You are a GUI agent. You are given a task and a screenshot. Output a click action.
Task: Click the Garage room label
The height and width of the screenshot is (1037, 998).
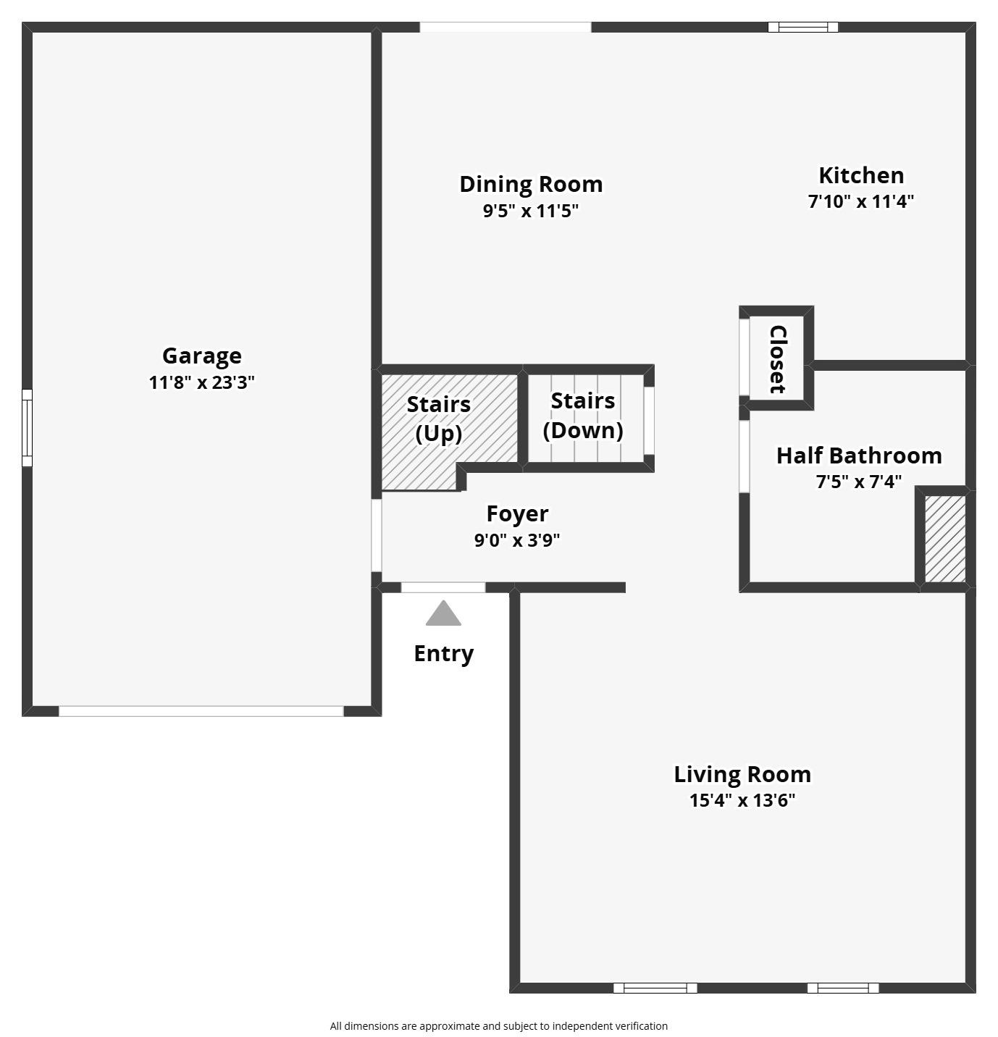coord(201,356)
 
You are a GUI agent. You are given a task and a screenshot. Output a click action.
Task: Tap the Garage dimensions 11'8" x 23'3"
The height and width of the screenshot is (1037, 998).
coord(201,382)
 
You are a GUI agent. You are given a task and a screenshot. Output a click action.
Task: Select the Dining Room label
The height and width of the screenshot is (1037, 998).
coord(531,184)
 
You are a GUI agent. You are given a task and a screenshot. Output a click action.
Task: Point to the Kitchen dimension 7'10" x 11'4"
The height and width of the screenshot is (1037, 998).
coord(860,201)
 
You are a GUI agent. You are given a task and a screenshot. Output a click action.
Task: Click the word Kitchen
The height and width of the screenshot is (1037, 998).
coord(860,175)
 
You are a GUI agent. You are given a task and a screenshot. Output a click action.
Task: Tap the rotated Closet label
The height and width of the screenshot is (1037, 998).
coord(777,359)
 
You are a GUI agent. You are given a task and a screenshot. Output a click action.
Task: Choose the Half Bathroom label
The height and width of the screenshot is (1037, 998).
coord(859,455)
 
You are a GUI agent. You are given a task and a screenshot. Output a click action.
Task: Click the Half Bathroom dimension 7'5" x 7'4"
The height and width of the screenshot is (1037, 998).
coord(859,482)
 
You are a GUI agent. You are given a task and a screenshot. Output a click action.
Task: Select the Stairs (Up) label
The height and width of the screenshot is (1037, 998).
coord(438,418)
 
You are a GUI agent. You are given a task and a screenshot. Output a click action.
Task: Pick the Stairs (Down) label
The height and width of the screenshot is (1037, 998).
coord(583,415)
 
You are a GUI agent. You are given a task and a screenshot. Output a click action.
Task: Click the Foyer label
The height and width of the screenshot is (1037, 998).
coord(517,513)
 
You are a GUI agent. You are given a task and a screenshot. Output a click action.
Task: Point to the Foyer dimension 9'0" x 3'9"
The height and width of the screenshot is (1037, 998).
coord(517,540)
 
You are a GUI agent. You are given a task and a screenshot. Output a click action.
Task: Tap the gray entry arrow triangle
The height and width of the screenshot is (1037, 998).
coord(443,614)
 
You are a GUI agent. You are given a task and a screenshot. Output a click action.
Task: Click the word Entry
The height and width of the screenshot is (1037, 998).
coord(443,653)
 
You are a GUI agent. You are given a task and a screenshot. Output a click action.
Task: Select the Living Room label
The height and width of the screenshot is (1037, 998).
coord(742,774)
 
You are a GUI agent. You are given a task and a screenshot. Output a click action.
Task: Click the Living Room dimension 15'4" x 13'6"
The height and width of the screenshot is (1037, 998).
coord(742,800)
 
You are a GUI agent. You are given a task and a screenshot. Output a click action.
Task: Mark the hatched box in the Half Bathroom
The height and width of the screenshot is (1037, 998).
coord(945,538)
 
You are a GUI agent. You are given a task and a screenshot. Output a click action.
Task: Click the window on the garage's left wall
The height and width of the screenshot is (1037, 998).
coord(27,427)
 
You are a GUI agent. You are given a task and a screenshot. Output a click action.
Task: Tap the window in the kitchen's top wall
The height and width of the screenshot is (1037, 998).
coord(802,28)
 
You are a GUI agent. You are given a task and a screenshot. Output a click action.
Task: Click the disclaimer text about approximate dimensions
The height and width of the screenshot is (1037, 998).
coord(498,1025)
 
